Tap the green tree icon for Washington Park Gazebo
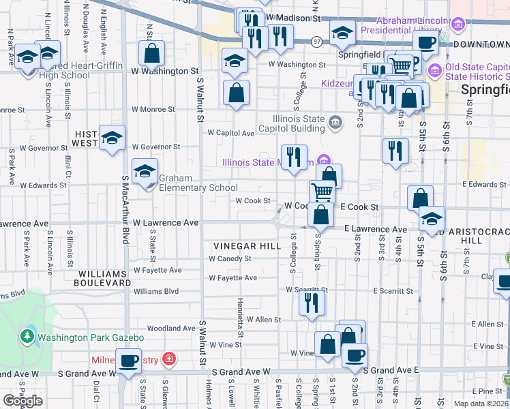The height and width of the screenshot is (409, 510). (x=27, y=336)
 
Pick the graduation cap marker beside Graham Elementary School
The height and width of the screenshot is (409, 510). (x=145, y=171)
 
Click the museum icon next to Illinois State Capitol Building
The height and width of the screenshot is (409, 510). (x=335, y=123)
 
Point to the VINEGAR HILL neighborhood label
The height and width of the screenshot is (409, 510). (x=247, y=245)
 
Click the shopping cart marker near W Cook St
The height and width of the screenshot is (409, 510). (x=322, y=192)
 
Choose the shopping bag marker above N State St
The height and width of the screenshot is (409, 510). (x=152, y=53)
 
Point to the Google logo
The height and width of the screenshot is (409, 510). (x=23, y=401)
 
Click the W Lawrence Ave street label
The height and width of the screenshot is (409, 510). (x=166, y=223)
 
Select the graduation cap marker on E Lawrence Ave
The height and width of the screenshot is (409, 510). (x=432, y=219)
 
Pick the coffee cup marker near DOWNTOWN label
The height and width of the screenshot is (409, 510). (x=427, y=42)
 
